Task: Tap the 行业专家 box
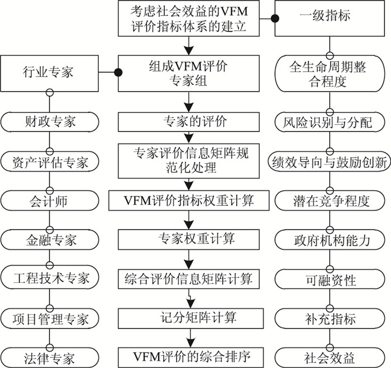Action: coord(50,72)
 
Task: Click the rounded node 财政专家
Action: coord(50,120)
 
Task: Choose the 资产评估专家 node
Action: coord(50,162)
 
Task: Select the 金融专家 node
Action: coord(50,240)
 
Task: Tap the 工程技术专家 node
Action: coord(50,279)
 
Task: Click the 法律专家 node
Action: coord(50,356)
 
